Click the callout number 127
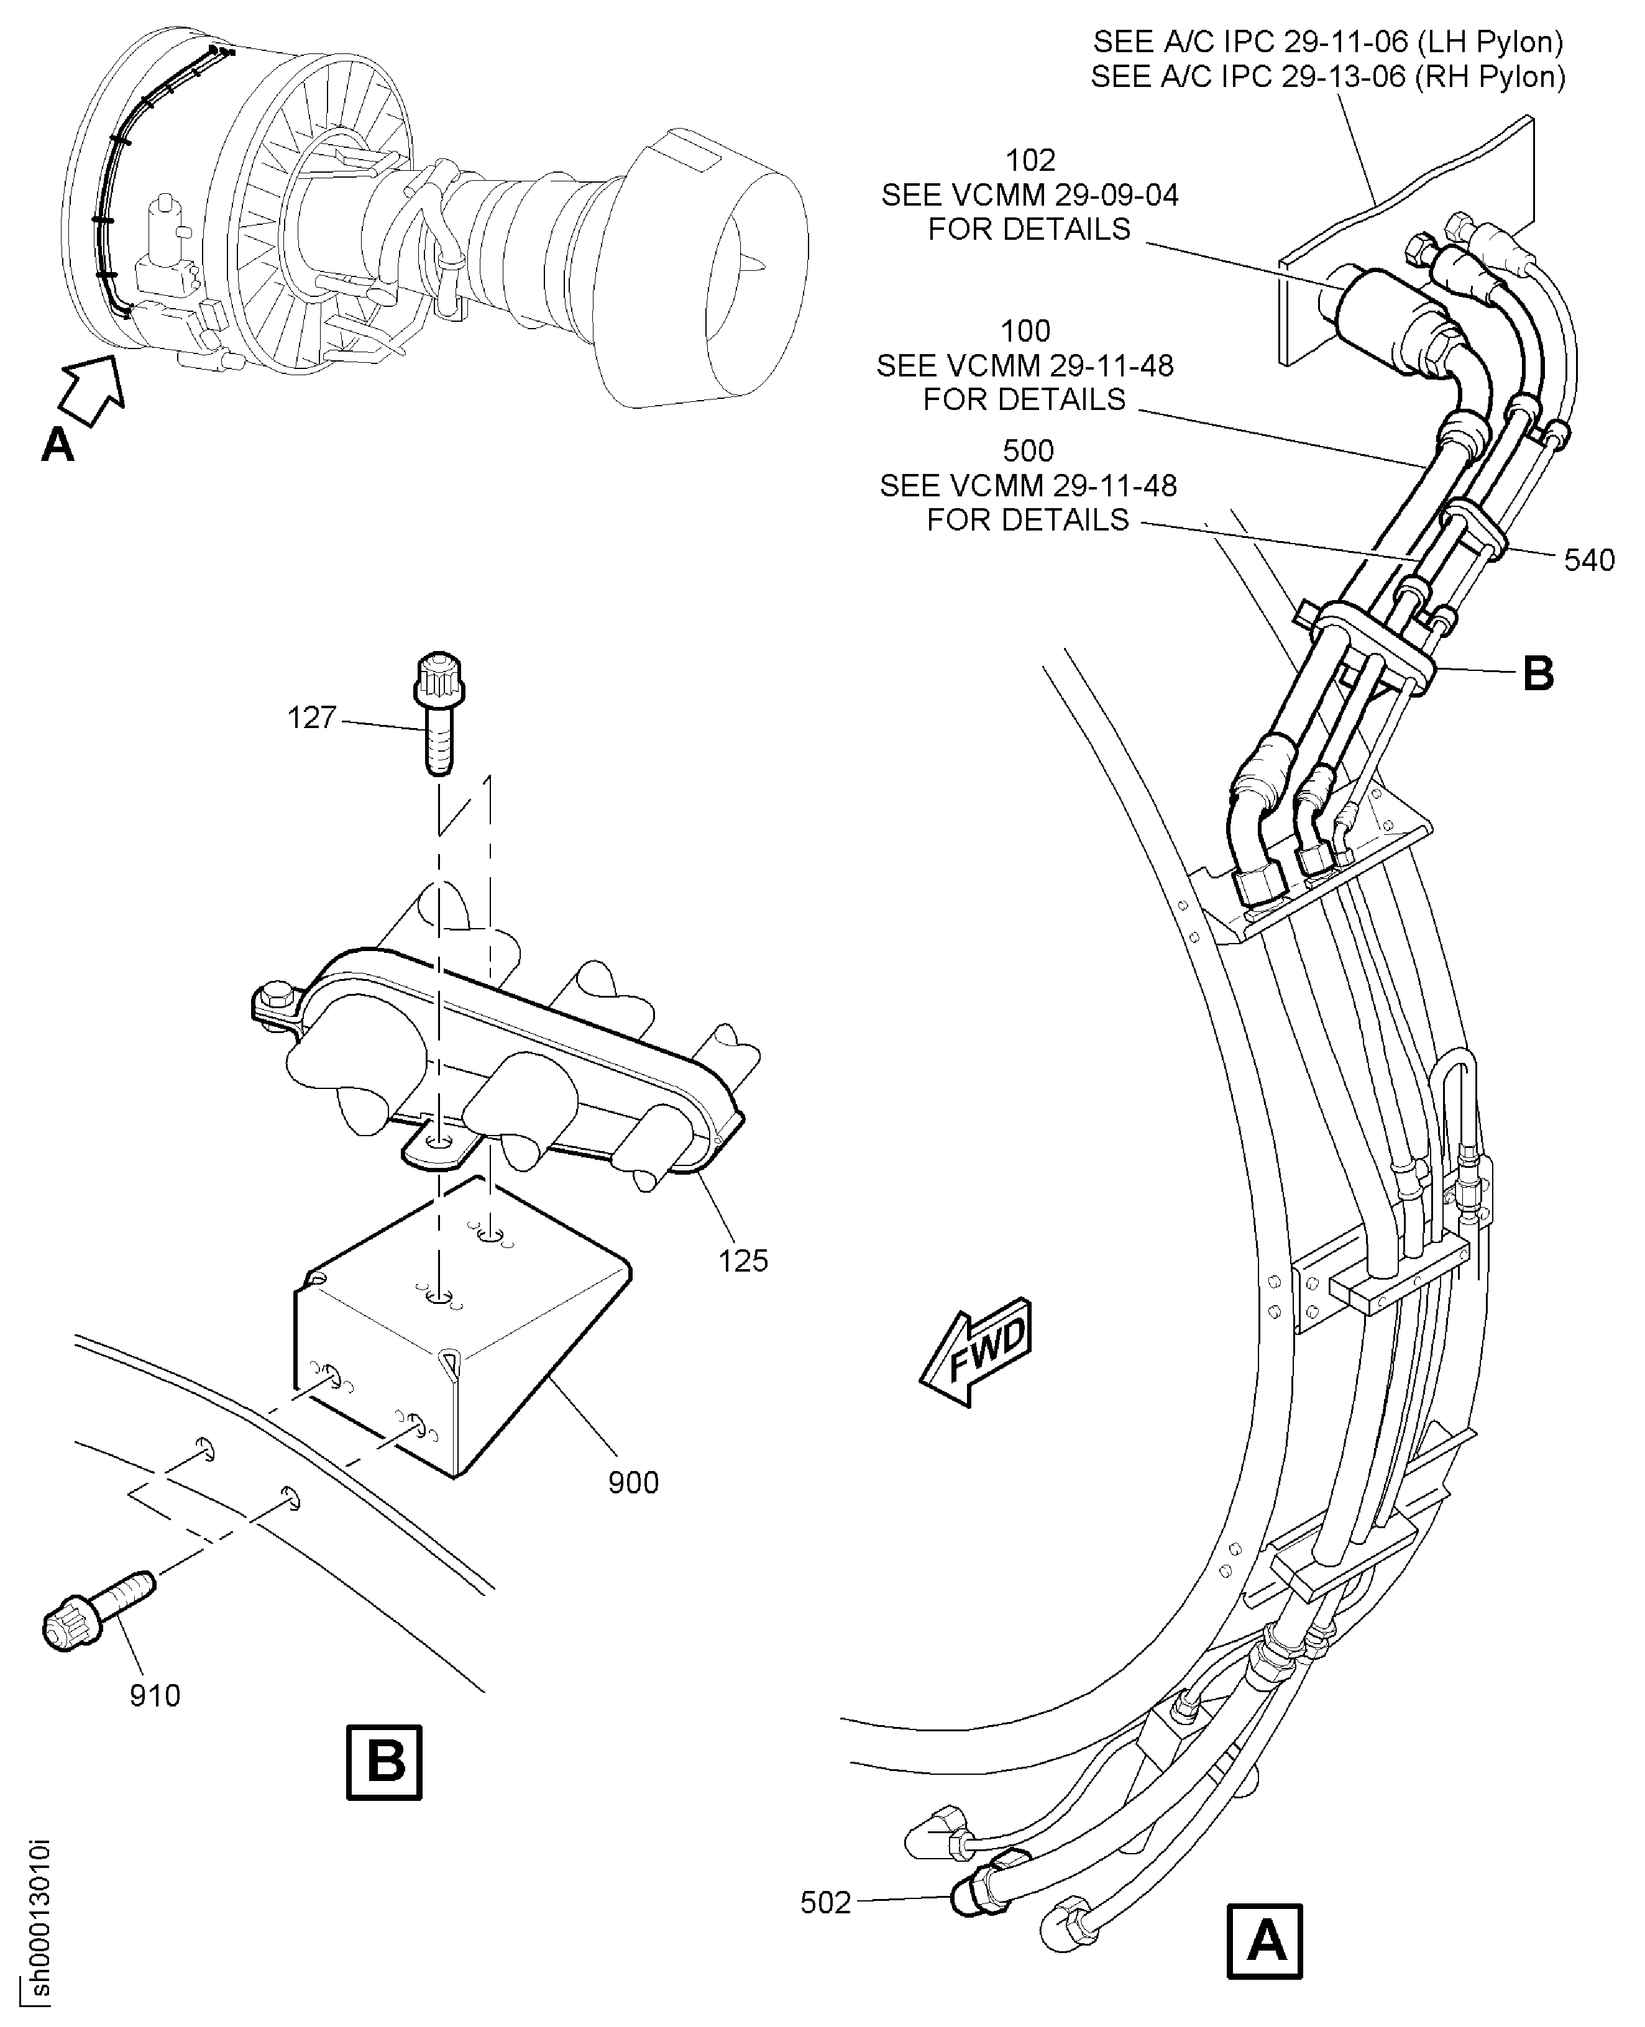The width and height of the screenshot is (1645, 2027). [312, 718]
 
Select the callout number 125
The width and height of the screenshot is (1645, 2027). [743, 1260]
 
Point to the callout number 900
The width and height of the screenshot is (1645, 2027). [633, 1482]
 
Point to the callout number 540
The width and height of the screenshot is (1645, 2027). [1589, 561]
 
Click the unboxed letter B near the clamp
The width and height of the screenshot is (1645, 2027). [1538, 675]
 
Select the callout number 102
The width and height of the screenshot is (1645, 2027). [1030, 160]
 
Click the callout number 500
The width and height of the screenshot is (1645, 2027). [1028, 451]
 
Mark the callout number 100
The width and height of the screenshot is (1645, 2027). [1025, 332]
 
